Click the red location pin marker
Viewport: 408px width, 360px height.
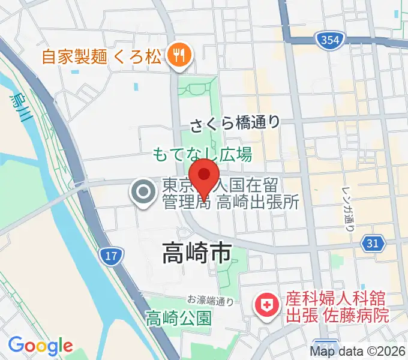click(x=205, y=177)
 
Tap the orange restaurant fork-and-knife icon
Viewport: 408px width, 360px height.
click(x=178, y=56)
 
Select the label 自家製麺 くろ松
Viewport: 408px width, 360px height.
click(x=101, y=57)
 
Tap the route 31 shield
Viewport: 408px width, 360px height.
click(x=373, y=243)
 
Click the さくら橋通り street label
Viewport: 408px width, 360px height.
click(x=235, y=124)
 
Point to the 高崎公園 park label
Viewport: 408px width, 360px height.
click(x=179, y=317)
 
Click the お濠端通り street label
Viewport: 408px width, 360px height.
click(x=210, y=299)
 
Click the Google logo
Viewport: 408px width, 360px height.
click(x=40, y=345)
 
